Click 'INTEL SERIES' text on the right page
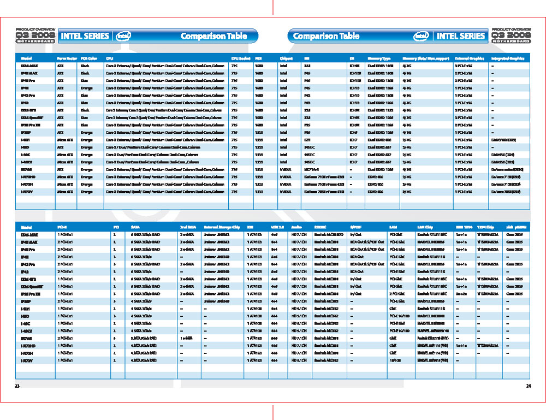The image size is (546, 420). click(461, 36)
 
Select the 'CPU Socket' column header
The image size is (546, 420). click(241, 58)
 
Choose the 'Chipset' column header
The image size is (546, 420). click(286, 58)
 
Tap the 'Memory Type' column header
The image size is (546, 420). click(379, 58)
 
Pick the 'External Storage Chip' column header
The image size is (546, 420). click(222, 227)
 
